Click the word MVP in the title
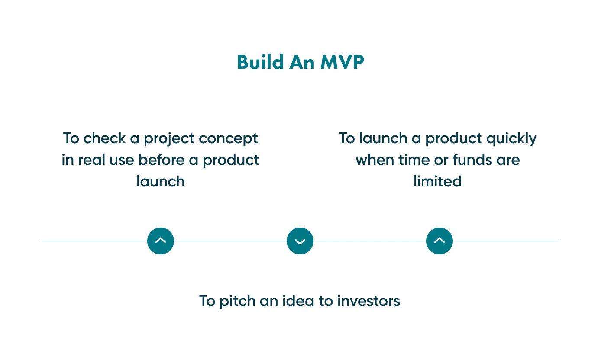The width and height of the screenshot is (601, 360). [x=342, y=62]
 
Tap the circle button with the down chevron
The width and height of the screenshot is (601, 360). [x=300, y=241]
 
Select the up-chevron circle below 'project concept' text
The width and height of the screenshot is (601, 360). [x=161, y=241]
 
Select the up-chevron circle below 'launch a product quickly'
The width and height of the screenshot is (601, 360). [x=439, y=241]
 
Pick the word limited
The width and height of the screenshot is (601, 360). [x=437, y=181]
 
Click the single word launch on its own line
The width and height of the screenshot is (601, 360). [x=161, y=181]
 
